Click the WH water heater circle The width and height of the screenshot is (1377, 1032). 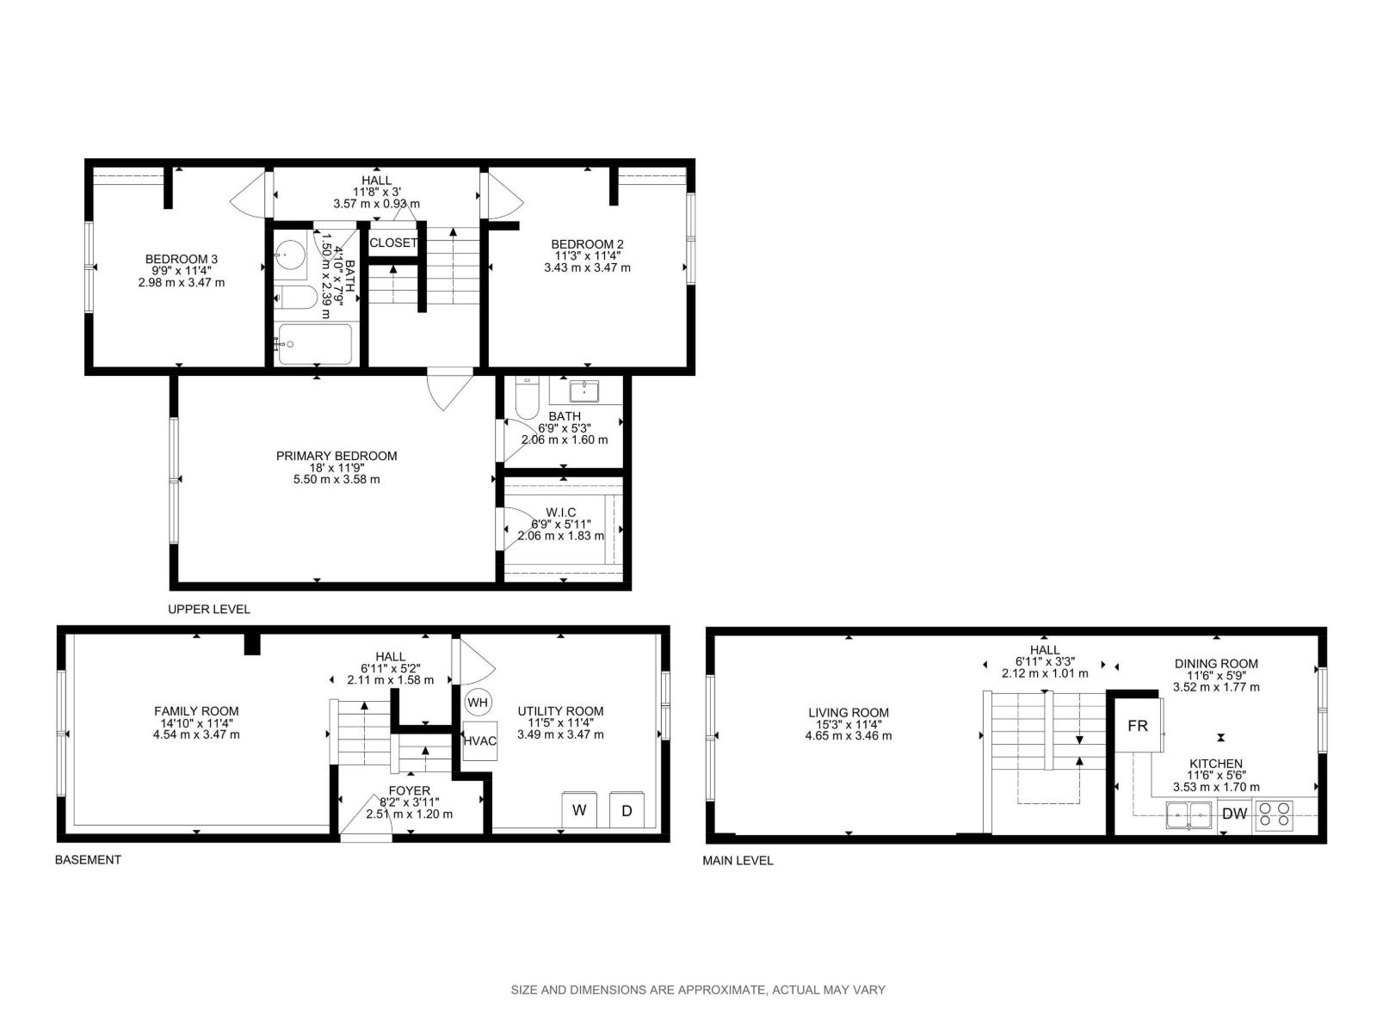coord(478,702)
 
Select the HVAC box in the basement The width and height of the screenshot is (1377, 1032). coord(479,741)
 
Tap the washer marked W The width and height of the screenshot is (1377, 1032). coord(579,810)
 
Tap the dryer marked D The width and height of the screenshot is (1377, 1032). coord(627,810)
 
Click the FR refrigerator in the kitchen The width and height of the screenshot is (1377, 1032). coord(1137,725)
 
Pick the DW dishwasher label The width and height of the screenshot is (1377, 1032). coord(1234,814)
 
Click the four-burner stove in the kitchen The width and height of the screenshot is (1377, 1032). coord(1274,814)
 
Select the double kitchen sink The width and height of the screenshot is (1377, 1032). coord(1189,814)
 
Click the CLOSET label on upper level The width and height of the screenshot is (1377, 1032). coord(393,243)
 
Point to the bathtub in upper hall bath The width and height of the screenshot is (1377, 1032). coord(314,344)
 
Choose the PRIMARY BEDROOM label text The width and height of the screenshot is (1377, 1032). coord(337,456)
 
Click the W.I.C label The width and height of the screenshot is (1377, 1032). coord(560,513)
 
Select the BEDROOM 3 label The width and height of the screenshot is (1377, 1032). coord(181,259)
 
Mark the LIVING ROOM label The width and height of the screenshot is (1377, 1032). coord(848,712)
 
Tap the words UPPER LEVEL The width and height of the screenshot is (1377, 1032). coord(208,609)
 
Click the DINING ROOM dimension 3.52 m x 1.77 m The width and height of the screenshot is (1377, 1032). coord(1216,686)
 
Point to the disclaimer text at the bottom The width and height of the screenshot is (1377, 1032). coord(698,990)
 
